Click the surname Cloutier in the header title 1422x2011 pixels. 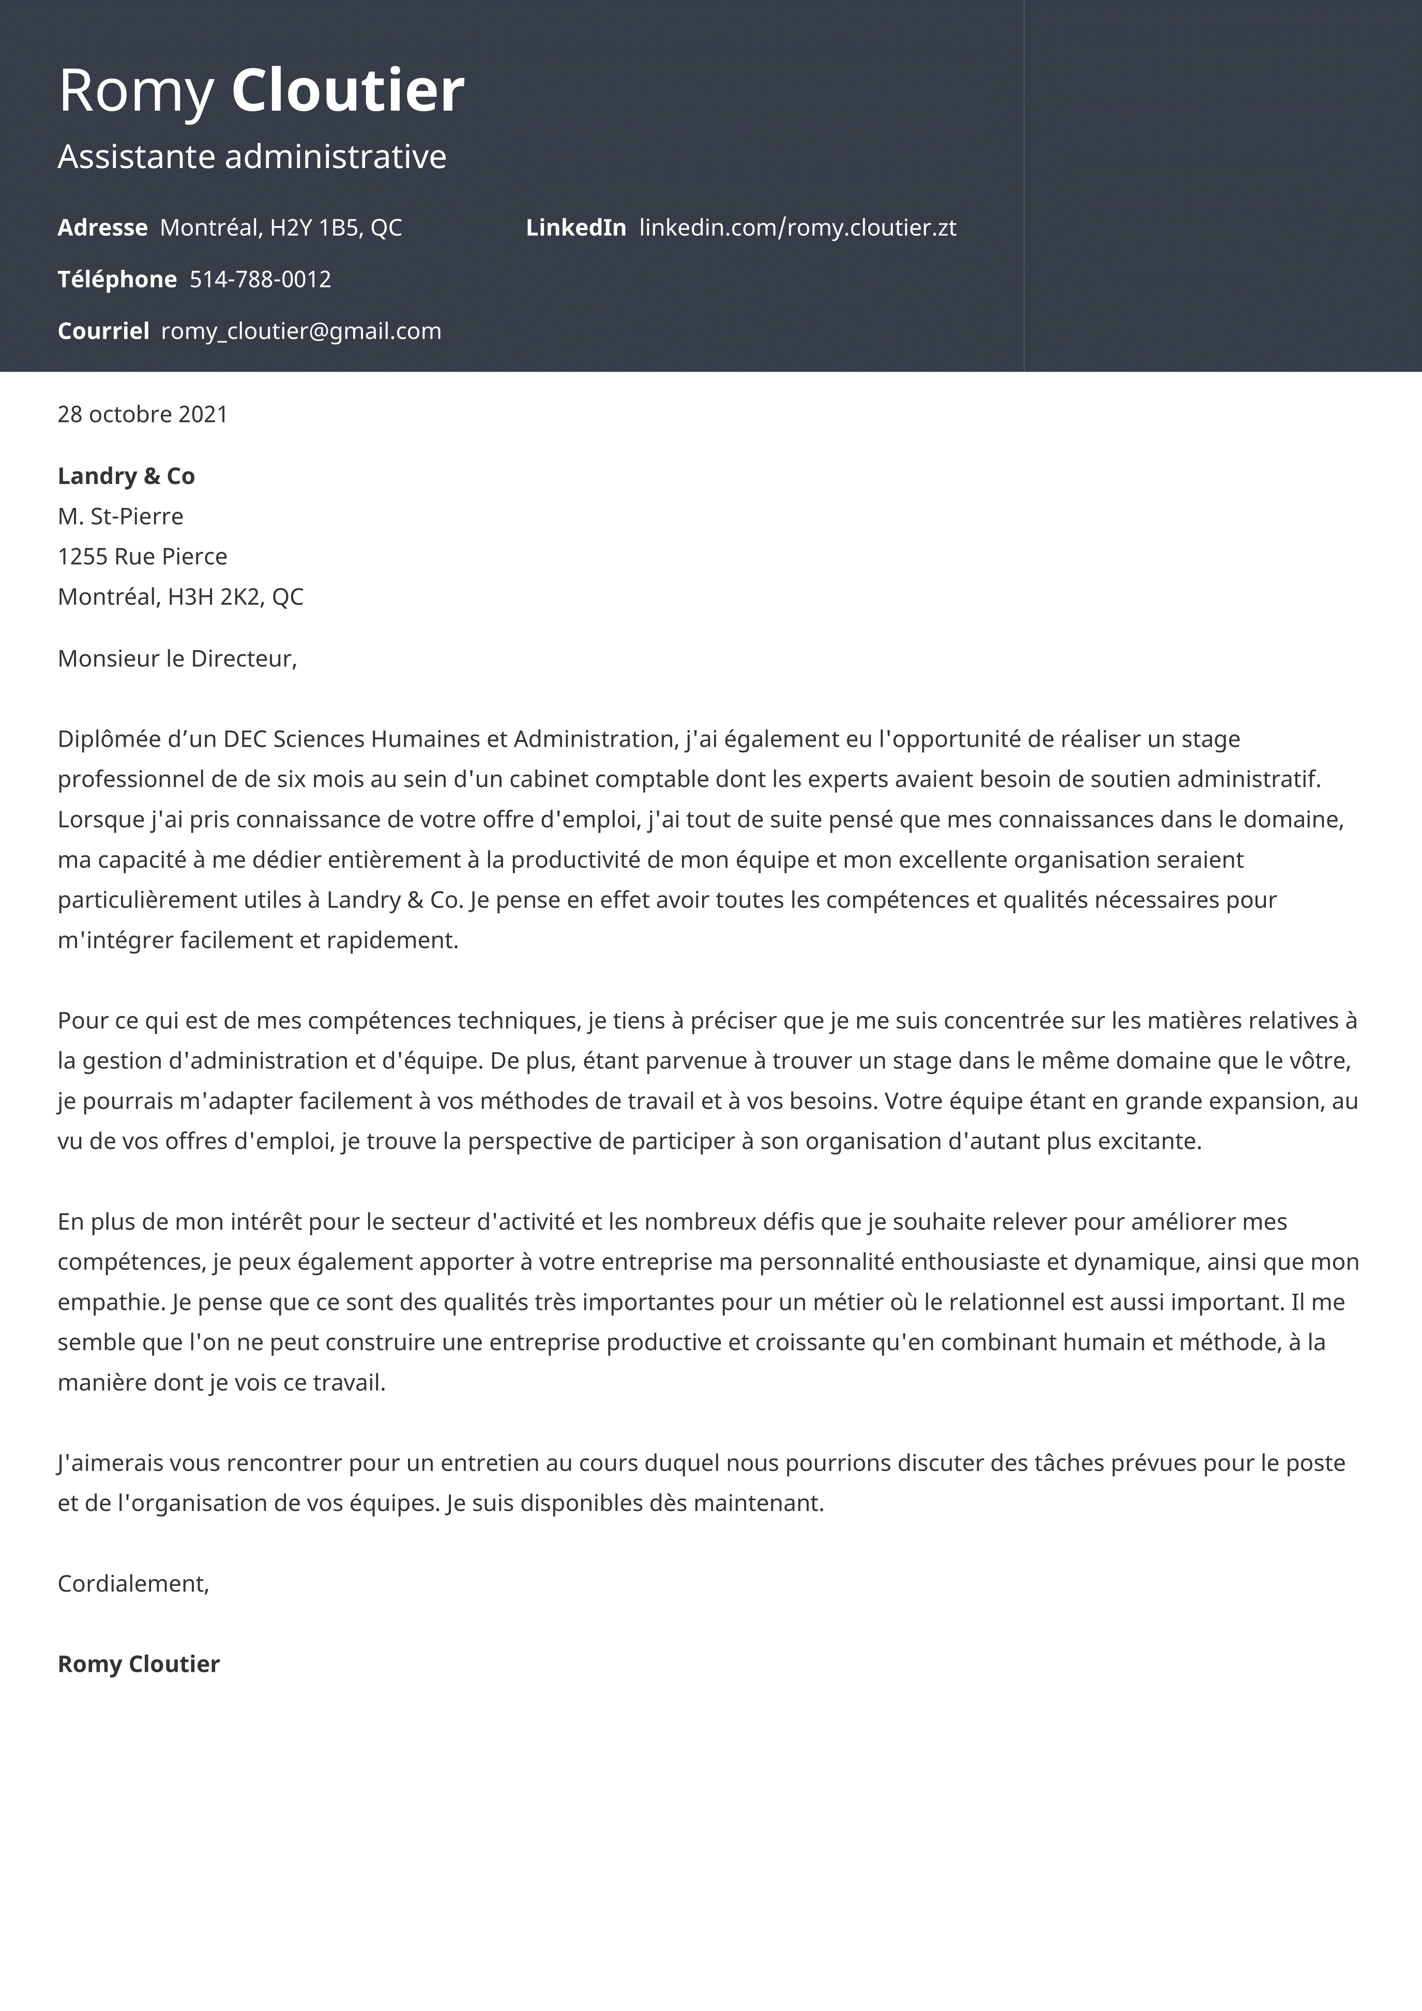pyautogui.click(x=347, y=90)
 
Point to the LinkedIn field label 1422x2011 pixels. pyautogui.click(x=576, y=228)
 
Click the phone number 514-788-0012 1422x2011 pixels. pyautogui.click(x=260, y=279)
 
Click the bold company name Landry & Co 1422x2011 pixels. pyautogui.click(x=126, y=476)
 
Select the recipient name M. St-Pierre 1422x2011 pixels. pyautogui.click(x=120, y=517)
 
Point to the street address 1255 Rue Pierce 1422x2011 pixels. pyautogui.click(x=142, y=557)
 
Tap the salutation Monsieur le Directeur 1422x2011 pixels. pyautogui.click(x=177, y=659)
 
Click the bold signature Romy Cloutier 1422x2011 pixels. pyautogui.click(x=139, y=1664)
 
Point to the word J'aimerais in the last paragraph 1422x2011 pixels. pyautogui.click(x=110, y=1463)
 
